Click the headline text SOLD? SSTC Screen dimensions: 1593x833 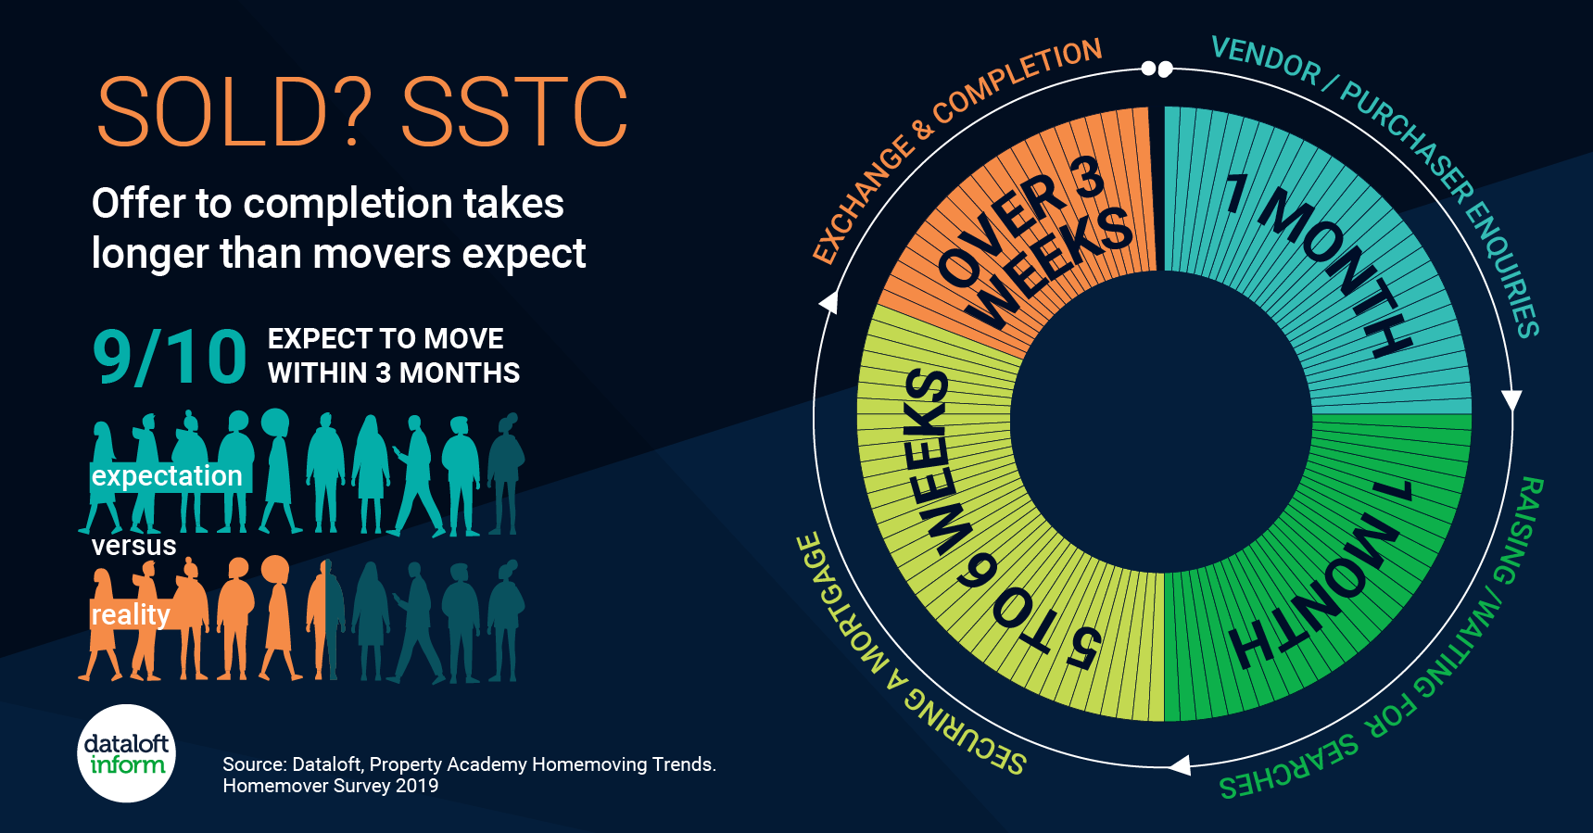coord(362,112)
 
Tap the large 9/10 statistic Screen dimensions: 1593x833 coord(170,357)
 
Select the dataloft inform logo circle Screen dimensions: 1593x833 coord(126,753)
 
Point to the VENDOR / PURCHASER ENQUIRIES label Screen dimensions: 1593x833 coord(1390,158)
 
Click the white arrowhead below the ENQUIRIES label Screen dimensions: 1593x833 coord(1511,400)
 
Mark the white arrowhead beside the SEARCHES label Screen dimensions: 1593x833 coord(1179,765)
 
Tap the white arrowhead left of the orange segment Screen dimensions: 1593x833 coord(828,302)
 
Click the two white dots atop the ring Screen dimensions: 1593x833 coord(1157,69)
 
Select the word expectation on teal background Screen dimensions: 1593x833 coord(167,476)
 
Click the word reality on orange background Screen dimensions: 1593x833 coord(131,614)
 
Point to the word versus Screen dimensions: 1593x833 coord(133,545)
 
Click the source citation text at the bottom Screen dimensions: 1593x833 coord(469,775)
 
